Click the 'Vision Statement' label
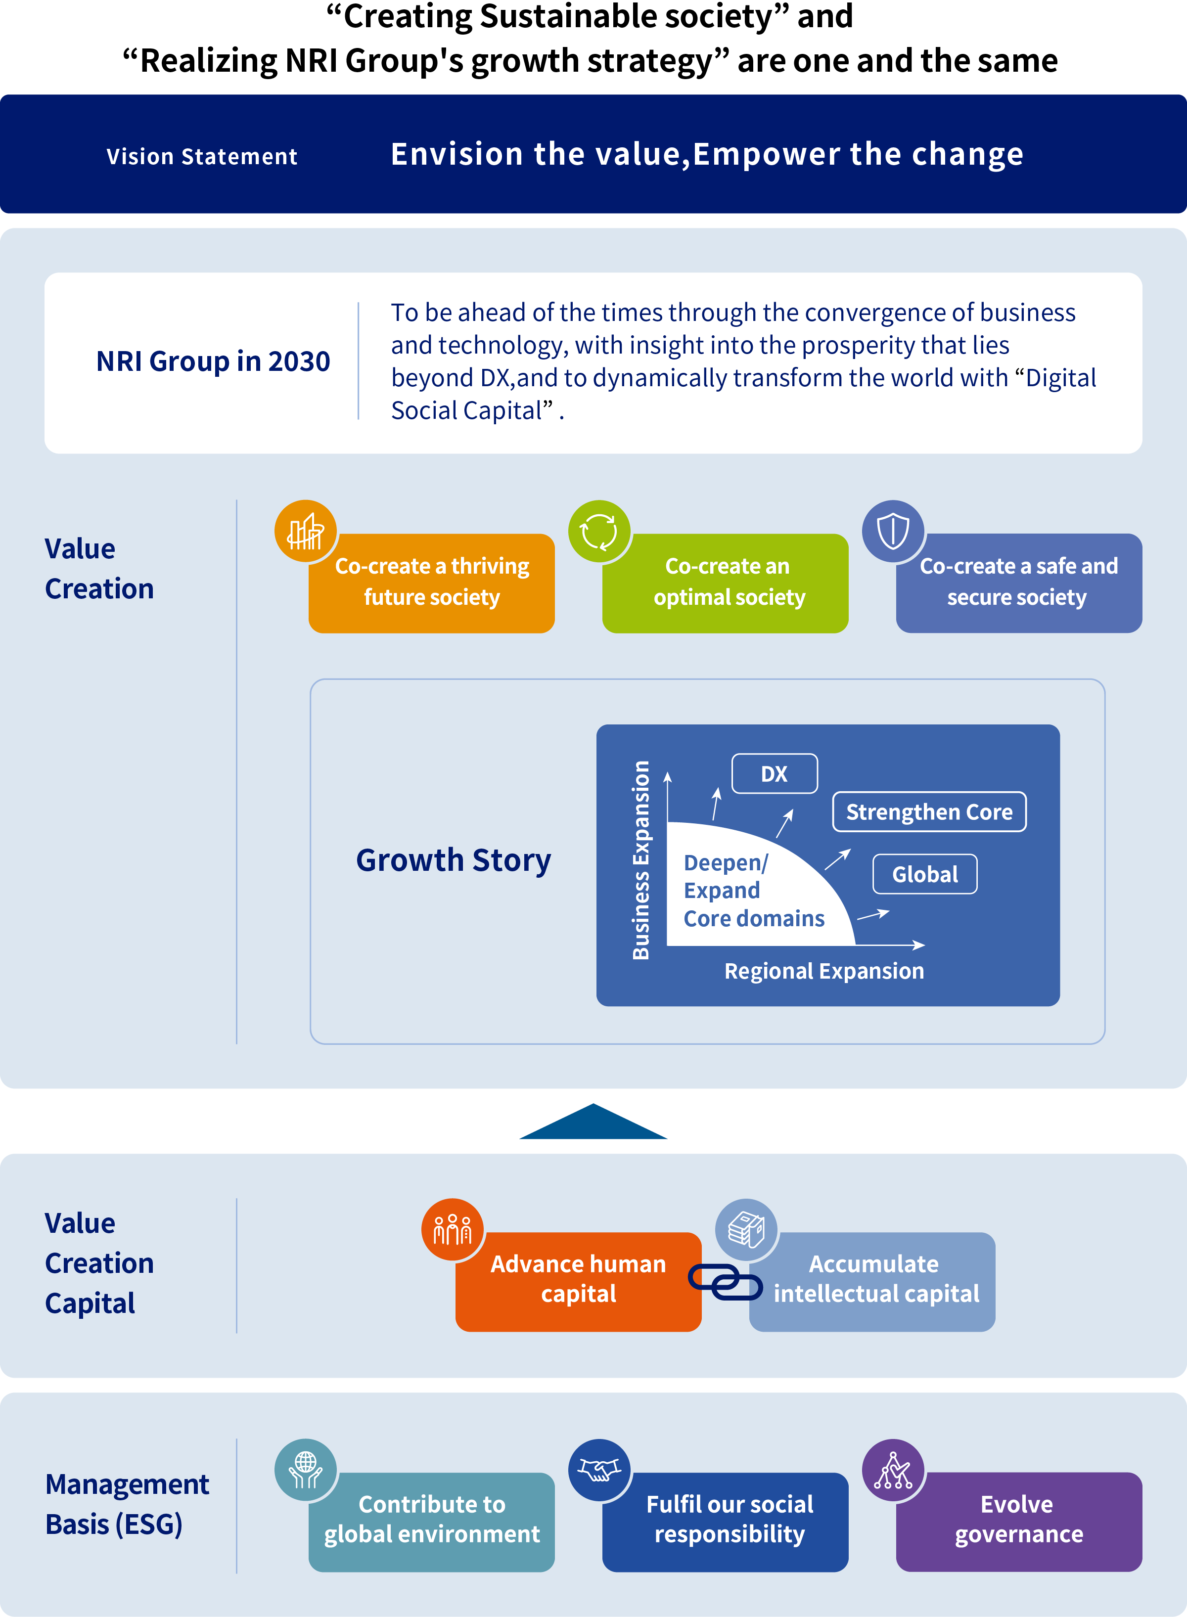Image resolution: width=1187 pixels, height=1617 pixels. (x=202, y=156)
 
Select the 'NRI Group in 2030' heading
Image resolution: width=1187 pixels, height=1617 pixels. (x=213, y=361)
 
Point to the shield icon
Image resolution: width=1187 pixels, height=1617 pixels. (x=893, y=532)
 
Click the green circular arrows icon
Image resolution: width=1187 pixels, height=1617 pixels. (x=599, y=532)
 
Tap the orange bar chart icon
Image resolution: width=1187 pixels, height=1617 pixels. (x=305, y=532)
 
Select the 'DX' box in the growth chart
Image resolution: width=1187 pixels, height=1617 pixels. (x=775, y=774)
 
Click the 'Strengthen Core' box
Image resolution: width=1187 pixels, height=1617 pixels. (x=929, y=812)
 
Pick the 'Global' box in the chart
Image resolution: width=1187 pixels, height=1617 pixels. (x=925, y=874)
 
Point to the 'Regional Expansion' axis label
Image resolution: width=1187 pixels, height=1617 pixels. (x=824, y=971)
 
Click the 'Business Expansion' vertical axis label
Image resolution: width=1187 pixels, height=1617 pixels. (x=641, y=860)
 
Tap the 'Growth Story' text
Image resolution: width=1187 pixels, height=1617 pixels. (x=454, y=860)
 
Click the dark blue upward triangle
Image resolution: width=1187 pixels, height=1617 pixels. (x=593, y=1123)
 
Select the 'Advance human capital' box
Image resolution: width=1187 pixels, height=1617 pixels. (x=578, y=1282)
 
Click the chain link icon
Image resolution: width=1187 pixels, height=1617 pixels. (x=725, y=1282)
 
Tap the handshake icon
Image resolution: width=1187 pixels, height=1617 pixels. (x=599, y=1470)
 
